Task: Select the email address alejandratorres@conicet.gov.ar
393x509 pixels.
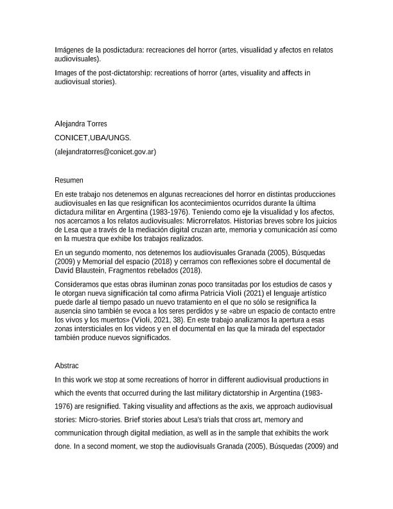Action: [x=106, y=152]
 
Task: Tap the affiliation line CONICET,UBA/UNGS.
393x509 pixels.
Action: [x=89, y=138]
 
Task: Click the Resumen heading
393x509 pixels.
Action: [x=69, y=181]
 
